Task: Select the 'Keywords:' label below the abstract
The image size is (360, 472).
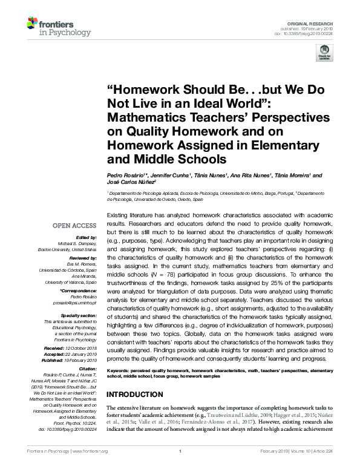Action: point(120,370)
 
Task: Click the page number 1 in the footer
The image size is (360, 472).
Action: point(180,468)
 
